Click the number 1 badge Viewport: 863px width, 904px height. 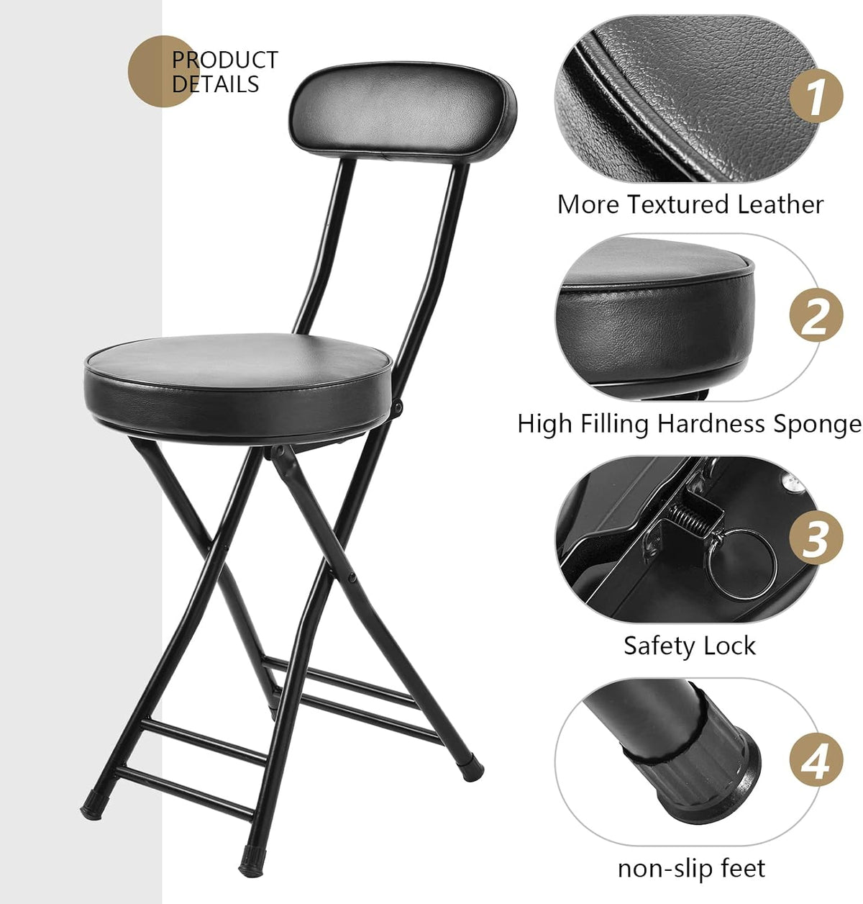pos(816,96)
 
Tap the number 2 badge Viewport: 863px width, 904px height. pos(816,315)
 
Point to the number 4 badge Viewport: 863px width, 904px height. pos(816,760)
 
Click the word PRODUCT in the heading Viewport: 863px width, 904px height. pos(224,60)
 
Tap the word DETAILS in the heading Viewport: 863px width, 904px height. pos(215,84)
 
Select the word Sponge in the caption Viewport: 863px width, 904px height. pos(817,425)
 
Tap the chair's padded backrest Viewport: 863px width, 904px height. pos(403,111)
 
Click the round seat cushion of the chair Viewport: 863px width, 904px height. pos(239,387)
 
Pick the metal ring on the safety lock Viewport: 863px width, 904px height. pos(741,564)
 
